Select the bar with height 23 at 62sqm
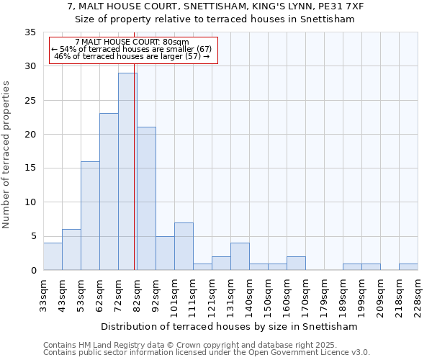[x=109, y=192]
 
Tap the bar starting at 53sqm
[x=90, y=215]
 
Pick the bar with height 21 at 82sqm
[x=146, y=199]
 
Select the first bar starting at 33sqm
[x=53, y=256]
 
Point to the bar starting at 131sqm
[x=240, y=256]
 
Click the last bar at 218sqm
[x=408, y=266]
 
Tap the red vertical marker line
[x=135, y=180]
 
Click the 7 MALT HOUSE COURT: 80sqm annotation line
[x=132, y=42]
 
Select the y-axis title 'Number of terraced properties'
[x=6, y=155]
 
